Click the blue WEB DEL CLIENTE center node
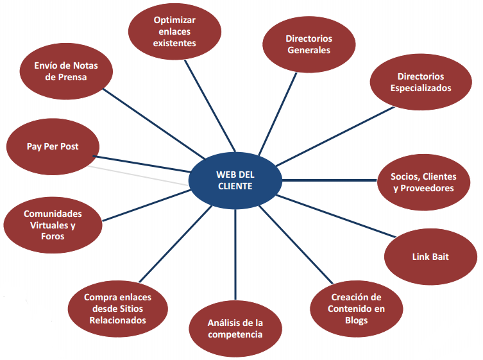pos(235,180)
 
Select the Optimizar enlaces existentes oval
pos(174,31)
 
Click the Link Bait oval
pos(430,257)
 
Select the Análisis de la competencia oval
pos(235,328)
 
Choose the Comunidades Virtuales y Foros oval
pos(53,225)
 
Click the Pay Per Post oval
pos(53,146)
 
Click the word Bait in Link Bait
pos(439,257)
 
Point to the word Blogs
pos(356,320)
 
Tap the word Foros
pos(53,236)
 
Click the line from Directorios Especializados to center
pos(334,135)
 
